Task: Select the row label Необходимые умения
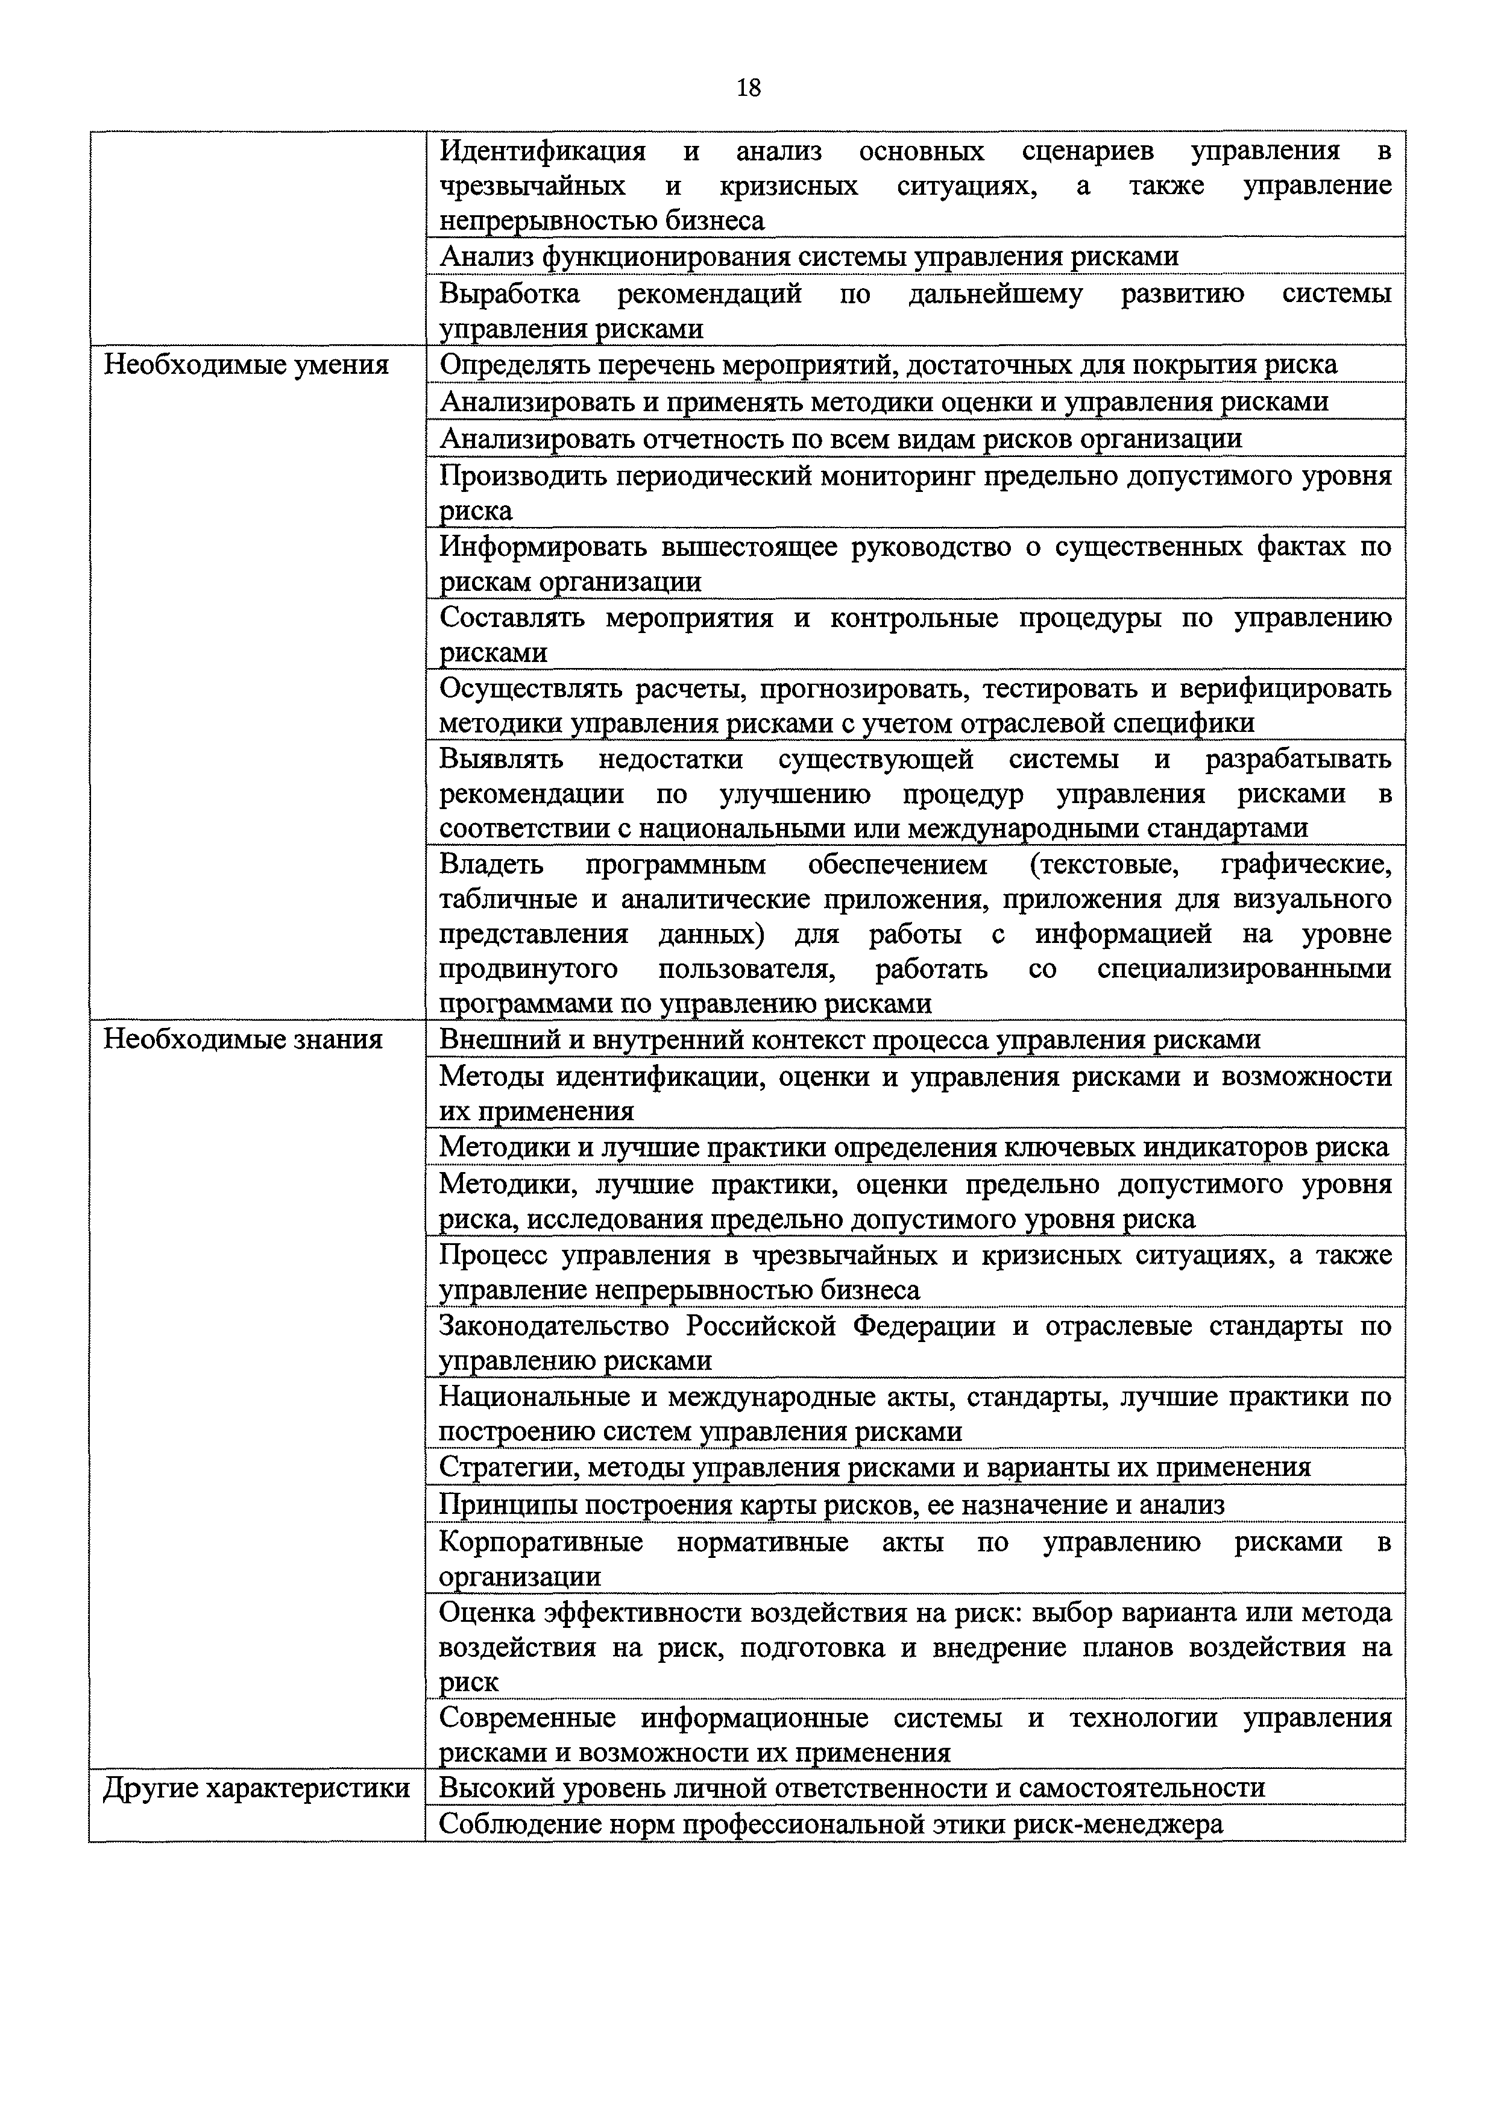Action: [246, 365]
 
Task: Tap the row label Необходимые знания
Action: [242, 1039]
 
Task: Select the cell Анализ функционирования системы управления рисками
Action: [809, 256]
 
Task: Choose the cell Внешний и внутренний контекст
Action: [849, 1039]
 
